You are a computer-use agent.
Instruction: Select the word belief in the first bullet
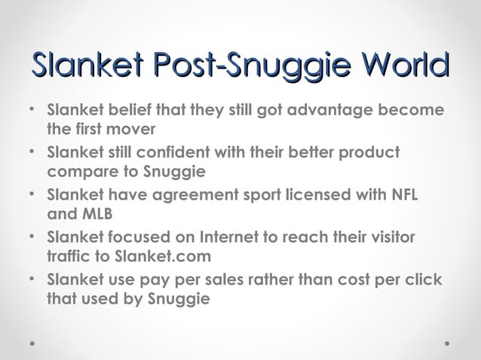tap(121, 110)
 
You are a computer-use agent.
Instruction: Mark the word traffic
tap(68, 256)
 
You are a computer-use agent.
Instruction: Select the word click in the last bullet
tap(425, 280)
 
